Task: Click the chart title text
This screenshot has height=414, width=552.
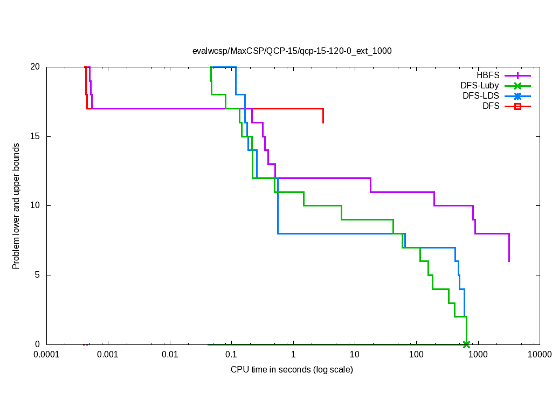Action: pyautogui.click(x=292, y=51)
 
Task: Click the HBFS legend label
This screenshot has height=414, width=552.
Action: pyautogui.click(x=488, y=75)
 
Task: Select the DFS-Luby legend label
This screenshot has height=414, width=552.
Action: pyautogui.click(x=480, y=85)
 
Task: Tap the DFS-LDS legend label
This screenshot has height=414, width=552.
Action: pyautogui.click(x=481, y=96)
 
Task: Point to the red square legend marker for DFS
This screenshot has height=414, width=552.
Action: pyautogui.click(x=517, y=107)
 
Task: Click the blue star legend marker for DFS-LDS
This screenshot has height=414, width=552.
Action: pyautogui.click(x=517, y=96)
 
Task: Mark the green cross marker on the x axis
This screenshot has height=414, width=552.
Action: pyautogui.click(x=466, y=344)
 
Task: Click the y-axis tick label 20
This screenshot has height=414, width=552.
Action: pyautogui.click(x=35, y=67)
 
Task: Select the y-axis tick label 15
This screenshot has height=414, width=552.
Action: pyautogui.click(x=35, y=136)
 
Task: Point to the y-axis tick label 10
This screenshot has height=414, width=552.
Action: pyautogui.click(x=35, y=205)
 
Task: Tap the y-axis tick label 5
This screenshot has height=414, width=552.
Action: pyautogui.click(x=37, y=275)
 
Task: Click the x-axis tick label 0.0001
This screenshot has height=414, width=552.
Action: pyautogui.click(x=46, y=355)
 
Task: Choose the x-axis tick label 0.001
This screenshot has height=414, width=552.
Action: pyautogui.click(x=108, y=355)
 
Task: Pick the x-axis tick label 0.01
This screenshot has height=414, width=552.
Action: pyautogui.click(x=170, y=355)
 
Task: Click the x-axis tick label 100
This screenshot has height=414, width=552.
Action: pyautogui.click(x=416, y=355)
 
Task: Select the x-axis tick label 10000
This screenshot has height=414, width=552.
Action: pyautogui.click(x=539, y=355)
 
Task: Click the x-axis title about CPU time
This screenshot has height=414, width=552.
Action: pyautogui.click(x=292, y=370)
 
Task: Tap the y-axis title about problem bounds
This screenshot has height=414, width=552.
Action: pyautogui.click(x=16, y=206)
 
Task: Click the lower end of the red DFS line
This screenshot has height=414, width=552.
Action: pyautogui.click(x=323, y=123)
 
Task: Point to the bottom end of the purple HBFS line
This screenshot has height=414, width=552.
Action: pyautogui.click(x=509, y=261)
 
